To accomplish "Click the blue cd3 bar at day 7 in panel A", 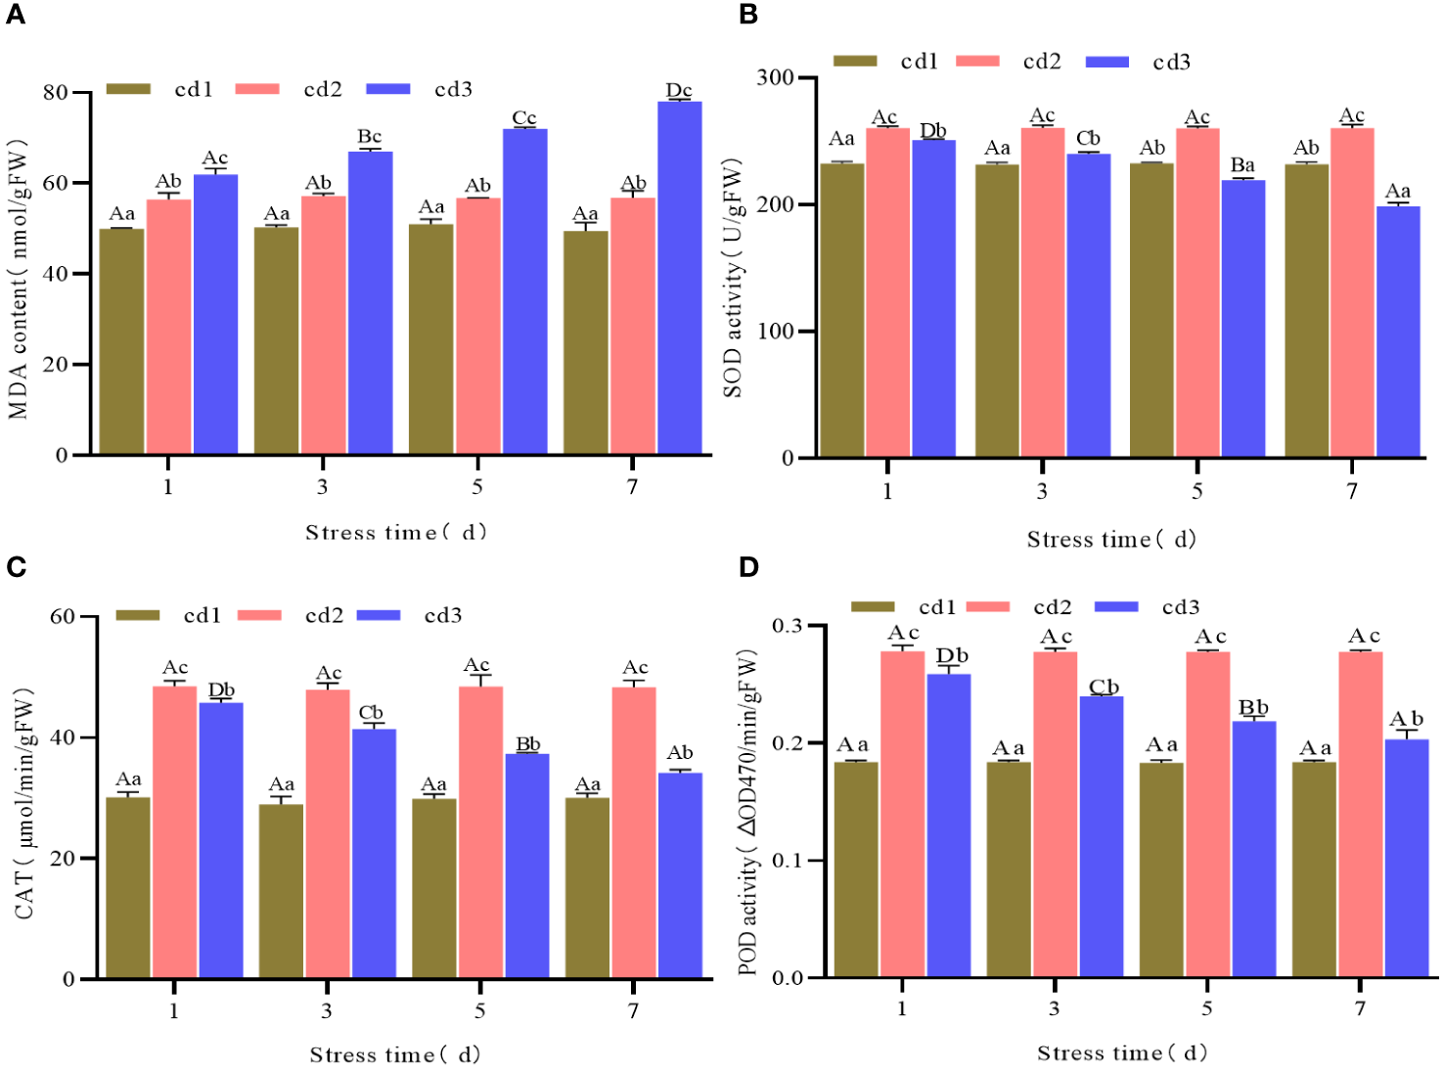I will coord(679,278).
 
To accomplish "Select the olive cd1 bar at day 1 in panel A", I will coord(121,341).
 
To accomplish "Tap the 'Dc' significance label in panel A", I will coord(679,90).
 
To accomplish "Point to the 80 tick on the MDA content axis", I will coord(56,93).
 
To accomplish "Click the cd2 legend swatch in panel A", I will coord(257,89).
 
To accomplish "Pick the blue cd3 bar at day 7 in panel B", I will coord(1397,332).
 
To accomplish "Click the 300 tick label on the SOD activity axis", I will coord(775,77).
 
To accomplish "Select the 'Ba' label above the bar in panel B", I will coord(1242,165).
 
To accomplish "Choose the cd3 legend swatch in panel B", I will coord(1107,62).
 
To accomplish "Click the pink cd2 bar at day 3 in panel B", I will coord(1043,292).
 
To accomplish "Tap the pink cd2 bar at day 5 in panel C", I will coord(480,832).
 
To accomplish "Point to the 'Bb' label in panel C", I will coord(528,744).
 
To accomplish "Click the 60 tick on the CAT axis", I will coord(63,616).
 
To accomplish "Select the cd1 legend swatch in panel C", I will coord(138,615).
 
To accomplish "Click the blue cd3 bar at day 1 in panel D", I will coord(949,825).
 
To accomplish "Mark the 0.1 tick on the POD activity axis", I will coord(788,861).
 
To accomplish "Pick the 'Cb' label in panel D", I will coord(1104,688).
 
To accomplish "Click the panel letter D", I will coord(748,567).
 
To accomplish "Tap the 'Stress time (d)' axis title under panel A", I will coord(395,532).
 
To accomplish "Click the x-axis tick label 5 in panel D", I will coord(1206,1008).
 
